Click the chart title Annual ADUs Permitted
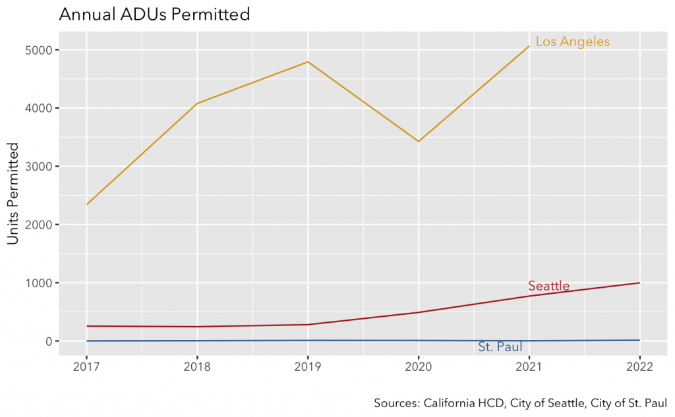154,14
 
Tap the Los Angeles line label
572,42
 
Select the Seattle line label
548,286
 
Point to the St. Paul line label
500,347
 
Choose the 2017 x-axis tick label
86,367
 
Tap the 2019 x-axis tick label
308,367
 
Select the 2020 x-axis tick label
418,367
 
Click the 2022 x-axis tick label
639,367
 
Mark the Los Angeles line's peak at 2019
308,62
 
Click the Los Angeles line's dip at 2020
418,142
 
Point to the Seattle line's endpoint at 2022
639,283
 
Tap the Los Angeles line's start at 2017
87,204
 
